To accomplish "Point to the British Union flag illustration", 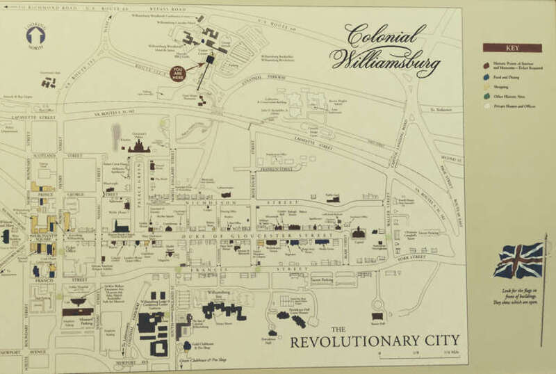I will [x=518, y=260].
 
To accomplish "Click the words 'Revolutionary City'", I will [x=375, y=341].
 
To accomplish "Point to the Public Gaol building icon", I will [x=335, y=200].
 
